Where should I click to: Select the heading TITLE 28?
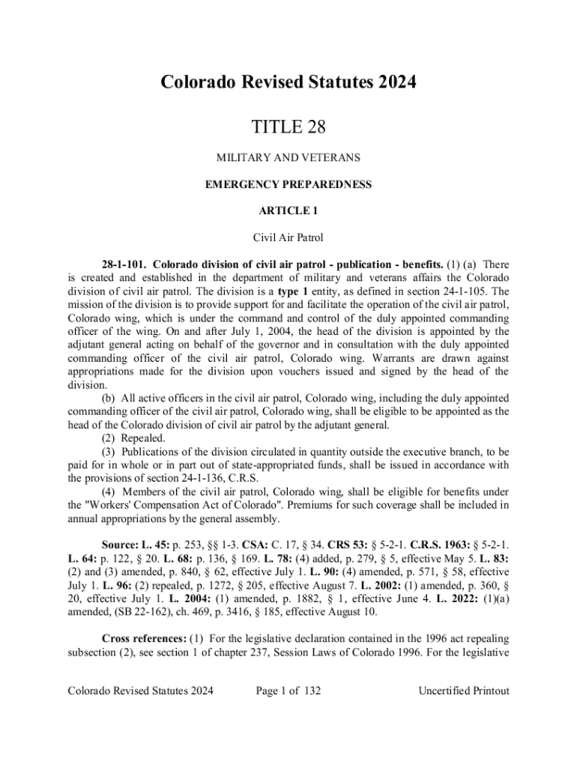[x=288, y=130]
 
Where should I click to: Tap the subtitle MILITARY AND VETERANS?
[x=288, y=158]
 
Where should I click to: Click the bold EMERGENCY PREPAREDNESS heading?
[x=288, y=185]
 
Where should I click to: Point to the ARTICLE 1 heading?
[x=288, y=212]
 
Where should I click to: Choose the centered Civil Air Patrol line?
[x=288, y=239]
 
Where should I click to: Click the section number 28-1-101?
[x=124, y=264]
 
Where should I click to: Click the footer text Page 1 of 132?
[x=288, y=691]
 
